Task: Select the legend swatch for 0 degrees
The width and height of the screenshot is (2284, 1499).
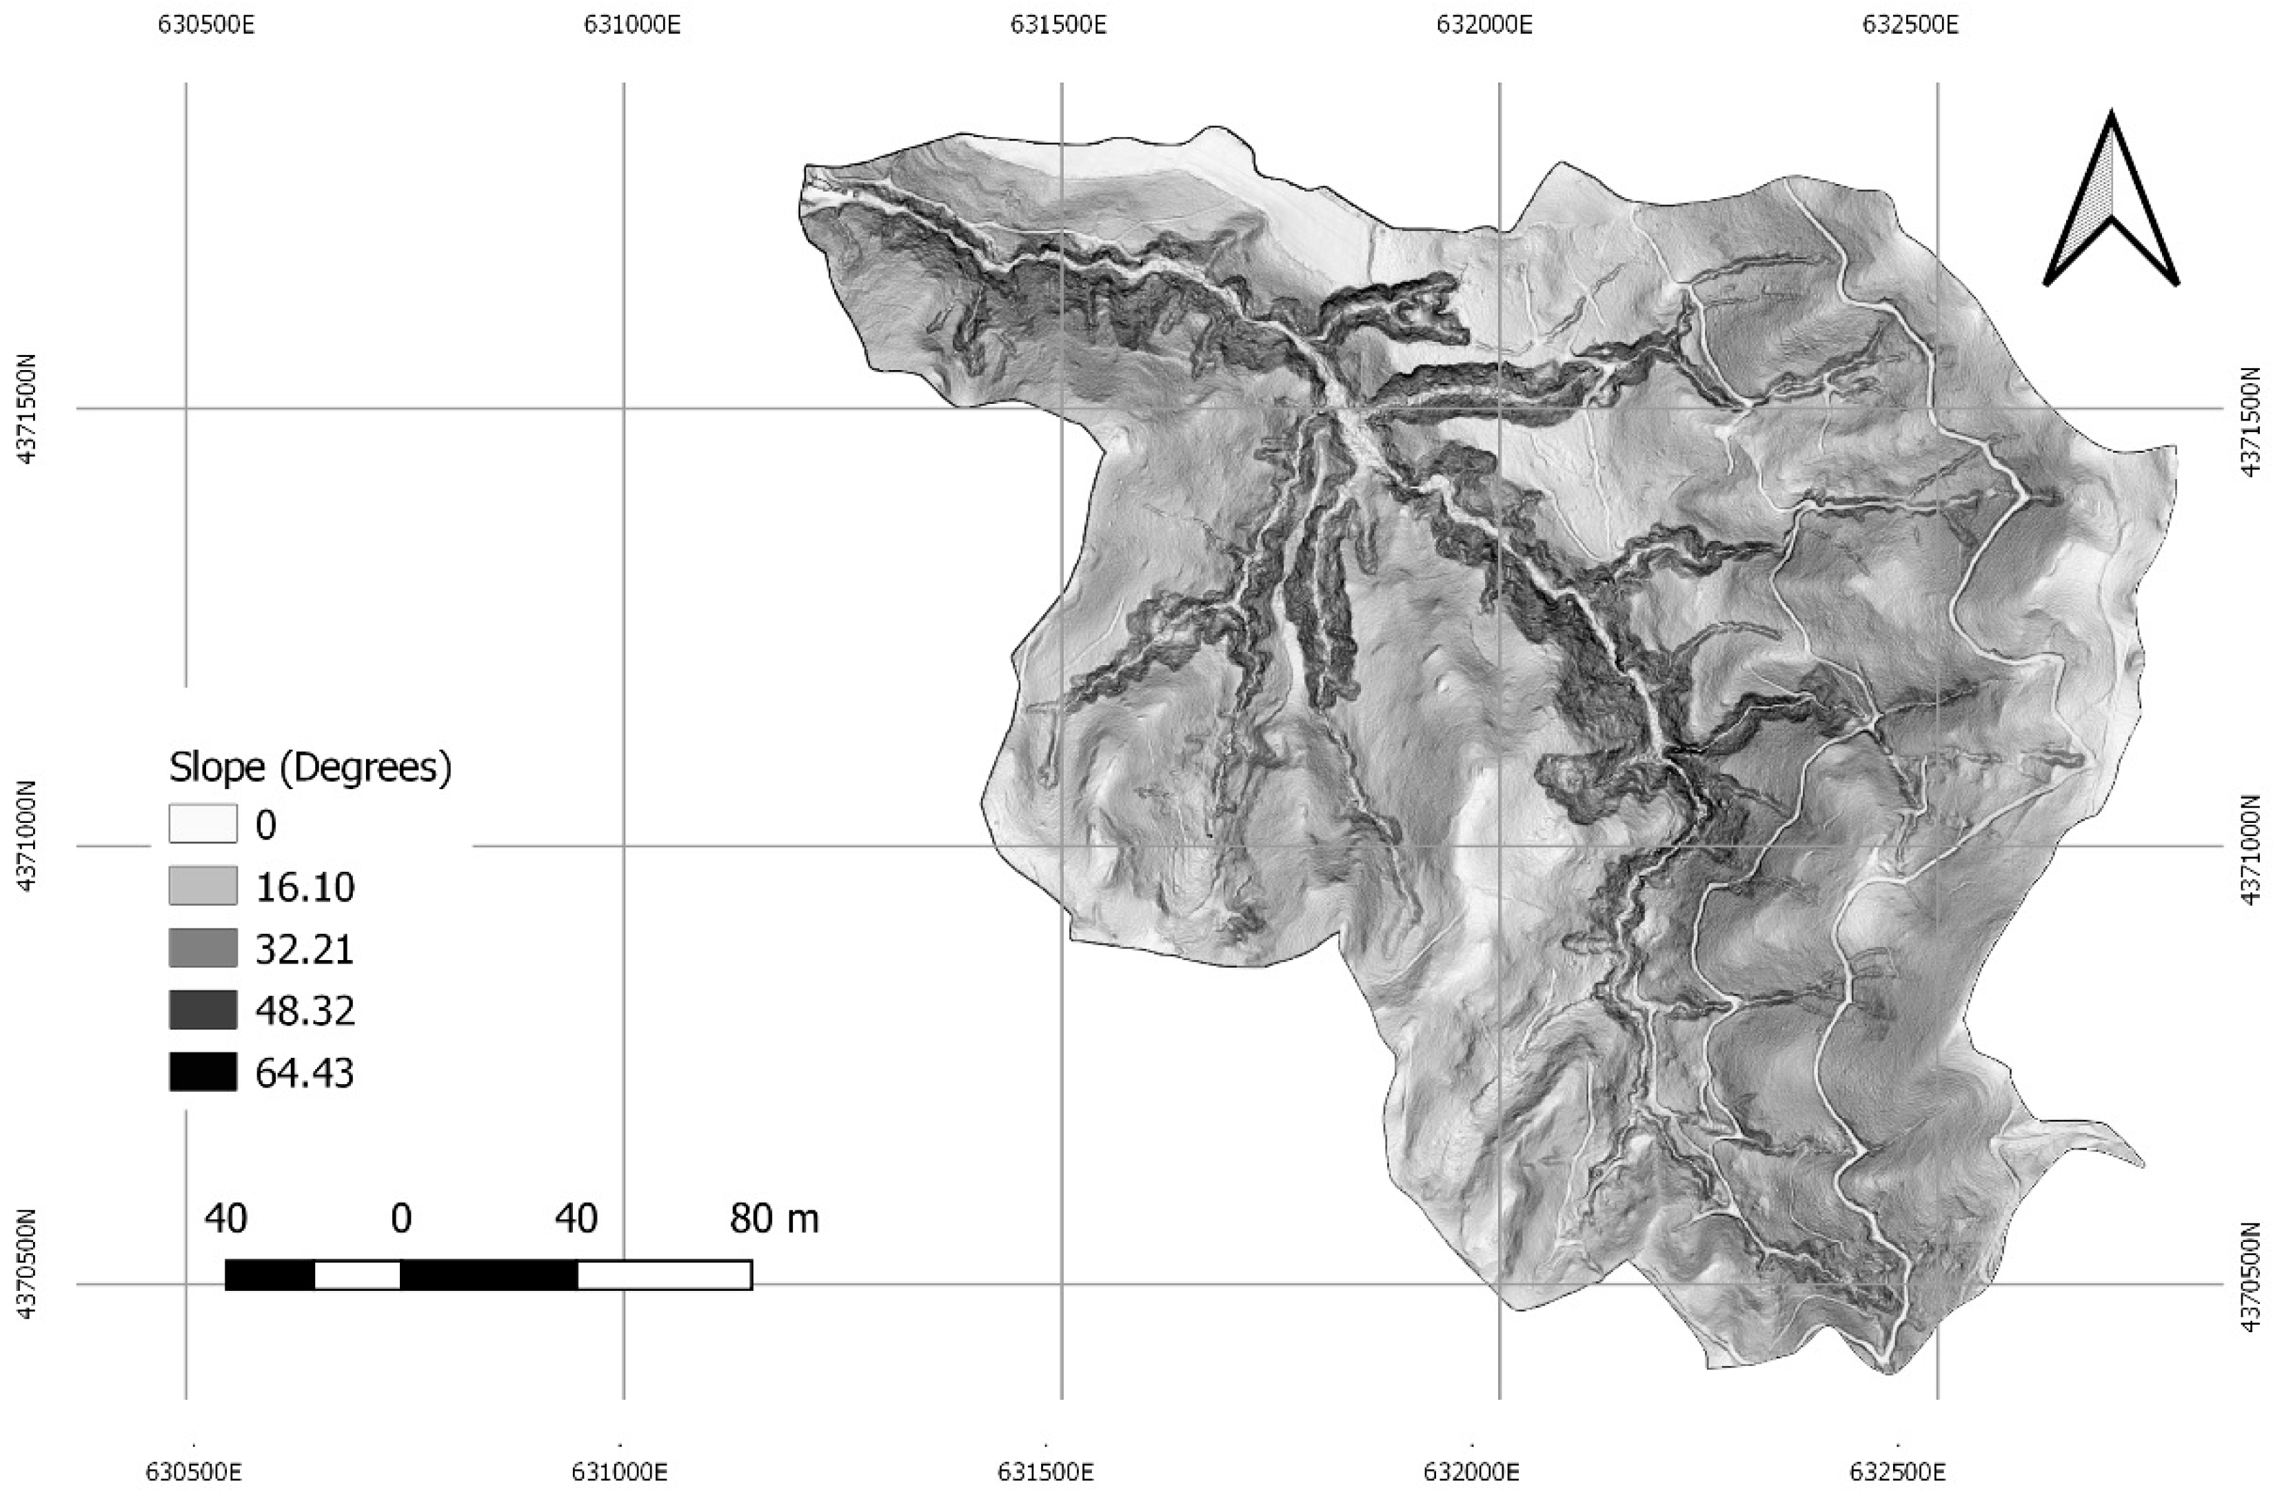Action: (203, 824)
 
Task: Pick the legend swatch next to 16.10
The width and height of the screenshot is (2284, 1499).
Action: (203, 886)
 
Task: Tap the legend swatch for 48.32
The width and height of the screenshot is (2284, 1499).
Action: (203, 1010)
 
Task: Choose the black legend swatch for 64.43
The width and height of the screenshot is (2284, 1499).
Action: (203, 1072)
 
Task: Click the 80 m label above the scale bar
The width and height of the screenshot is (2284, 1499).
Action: (774, 1218)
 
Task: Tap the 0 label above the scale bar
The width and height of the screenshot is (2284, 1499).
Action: (401, 1218)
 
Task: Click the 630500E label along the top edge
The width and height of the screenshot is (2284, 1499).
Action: (206, 24)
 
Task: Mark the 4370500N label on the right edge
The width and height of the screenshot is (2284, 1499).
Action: (2258, 1284)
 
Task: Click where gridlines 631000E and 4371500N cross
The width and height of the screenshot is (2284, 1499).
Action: (624, 409)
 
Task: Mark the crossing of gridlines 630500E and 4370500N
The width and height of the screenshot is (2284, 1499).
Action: (186, 1284)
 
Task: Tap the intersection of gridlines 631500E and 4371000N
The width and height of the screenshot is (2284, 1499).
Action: (1062, 846)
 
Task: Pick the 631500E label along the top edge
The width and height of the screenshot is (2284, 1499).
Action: (1058, 24)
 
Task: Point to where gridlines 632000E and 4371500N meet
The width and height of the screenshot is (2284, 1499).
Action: (1499, 409)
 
